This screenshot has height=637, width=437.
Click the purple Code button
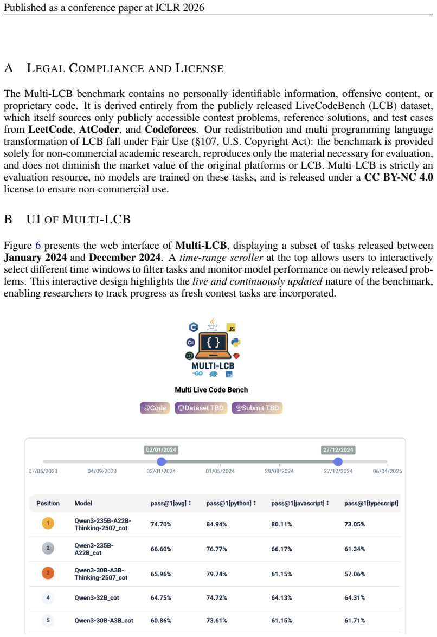pos(155,408)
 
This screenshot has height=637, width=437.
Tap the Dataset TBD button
pos(201,408)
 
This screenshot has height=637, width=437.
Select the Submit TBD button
pos(257,408)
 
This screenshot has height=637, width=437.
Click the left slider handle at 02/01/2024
pos(162,461)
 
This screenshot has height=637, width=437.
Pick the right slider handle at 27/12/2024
pos(337,461)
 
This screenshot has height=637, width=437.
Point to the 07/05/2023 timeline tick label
pos(43,471)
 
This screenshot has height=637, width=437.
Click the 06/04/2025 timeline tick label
pos(388,471)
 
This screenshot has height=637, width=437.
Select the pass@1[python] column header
pos(231,503)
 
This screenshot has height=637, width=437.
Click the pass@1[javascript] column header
pos(300,503)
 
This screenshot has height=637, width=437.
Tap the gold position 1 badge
pos(48,523)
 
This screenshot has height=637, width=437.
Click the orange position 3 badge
pos(48,573)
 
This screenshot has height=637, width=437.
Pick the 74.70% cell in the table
pos(161,524)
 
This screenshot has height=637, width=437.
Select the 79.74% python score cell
pos(216,574)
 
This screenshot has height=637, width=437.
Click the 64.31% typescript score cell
pos(355,597)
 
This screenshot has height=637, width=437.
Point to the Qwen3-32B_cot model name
pos(97,597)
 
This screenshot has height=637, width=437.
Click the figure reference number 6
pos(38,246)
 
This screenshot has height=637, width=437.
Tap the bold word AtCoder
pos(99,130)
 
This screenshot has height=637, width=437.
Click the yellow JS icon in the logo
pos(232,328)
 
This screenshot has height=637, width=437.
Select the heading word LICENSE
pos(200,68)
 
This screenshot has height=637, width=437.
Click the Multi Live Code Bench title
pos(211,390)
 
